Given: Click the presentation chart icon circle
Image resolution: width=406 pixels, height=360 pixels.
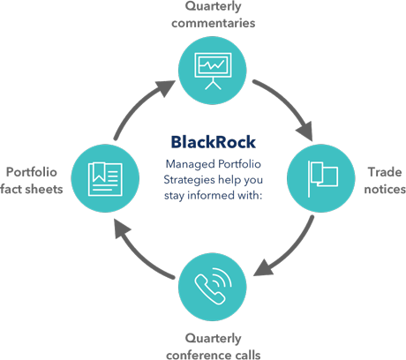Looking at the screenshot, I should [210, 68].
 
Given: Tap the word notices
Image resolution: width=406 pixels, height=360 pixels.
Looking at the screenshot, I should [385, 190].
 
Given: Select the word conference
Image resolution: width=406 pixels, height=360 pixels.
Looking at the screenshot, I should [196, 353].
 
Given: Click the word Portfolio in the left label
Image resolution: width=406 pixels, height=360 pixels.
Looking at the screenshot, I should [33, 171].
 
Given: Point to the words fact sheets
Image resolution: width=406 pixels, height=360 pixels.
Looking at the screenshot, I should [33, 188].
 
